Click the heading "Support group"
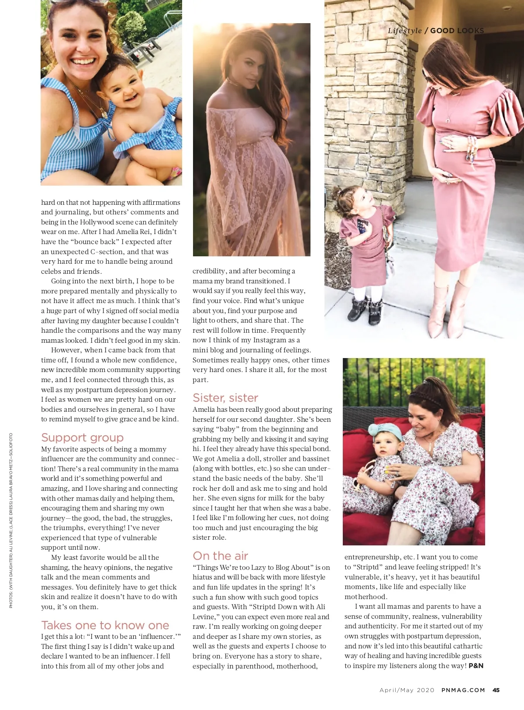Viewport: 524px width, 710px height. [x=82, y=438]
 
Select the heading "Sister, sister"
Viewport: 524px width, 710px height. [x=225, y=398]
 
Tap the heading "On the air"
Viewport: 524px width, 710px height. [x=220, y=556]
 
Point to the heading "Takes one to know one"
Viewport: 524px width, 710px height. [x=105, y=625]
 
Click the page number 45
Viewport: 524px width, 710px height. [x=496, y=690]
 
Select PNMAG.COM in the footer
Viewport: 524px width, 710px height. [x=463, y=690]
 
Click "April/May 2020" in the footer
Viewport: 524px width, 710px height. [x=407, y=690]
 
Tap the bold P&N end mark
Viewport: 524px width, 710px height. [x=476, y=666]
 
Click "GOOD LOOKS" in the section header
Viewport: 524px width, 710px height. [x=457, y=31]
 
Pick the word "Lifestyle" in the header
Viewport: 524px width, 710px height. [x=405, y=31]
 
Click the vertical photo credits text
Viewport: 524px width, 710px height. [x=11, y=520]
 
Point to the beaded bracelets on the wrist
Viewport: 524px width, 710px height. [x=472, y=148]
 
